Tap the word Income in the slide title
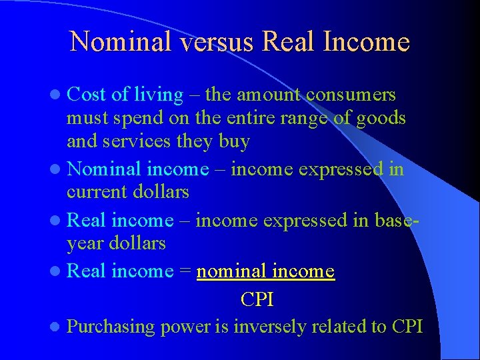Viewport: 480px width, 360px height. [366, 42]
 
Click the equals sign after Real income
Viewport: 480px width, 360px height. [185, 271]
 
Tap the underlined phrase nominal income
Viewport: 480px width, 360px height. [265, 271]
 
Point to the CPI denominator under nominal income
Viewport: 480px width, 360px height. [257, 299]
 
